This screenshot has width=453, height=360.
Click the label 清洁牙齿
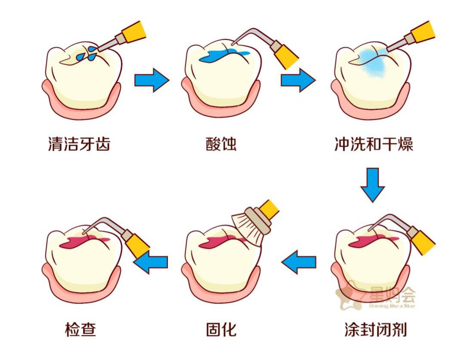79,144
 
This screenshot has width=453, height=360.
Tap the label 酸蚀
221,144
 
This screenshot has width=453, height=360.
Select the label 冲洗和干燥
373,144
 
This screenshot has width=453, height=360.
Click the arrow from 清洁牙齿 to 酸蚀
152,80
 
